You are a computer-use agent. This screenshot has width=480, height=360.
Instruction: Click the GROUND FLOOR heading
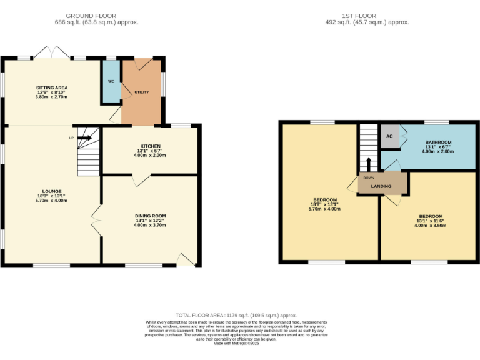point(96,16)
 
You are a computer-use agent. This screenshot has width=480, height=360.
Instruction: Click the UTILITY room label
point(142,92)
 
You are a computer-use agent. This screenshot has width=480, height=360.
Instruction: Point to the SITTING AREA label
point(51,87)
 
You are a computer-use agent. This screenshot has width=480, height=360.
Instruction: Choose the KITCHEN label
point(150,146)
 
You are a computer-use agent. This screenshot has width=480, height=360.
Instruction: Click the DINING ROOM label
point(150,216)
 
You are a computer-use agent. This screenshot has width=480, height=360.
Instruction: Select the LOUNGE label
point(51,191)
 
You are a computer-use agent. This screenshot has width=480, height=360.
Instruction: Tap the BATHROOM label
point(437,142)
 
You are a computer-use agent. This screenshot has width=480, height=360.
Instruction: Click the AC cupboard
point(389,136)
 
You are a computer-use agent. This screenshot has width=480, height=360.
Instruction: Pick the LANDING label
point(381,186)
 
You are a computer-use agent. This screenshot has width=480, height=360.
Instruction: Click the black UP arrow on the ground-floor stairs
point(84,138)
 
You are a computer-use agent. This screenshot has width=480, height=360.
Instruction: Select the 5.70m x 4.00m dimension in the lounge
point(51,201)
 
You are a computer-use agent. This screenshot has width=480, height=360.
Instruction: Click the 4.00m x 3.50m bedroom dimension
point(430,225)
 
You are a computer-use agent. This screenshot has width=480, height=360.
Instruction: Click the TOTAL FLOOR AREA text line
point(236,316)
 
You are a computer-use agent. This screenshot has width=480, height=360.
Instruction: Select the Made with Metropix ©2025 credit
point(236,343)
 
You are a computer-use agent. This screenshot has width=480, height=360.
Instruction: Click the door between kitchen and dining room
point(141,179)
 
